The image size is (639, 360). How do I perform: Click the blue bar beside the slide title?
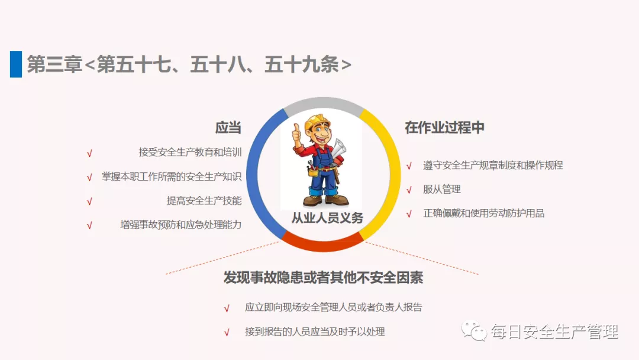point(16,64)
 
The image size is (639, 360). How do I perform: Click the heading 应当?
point(228,128)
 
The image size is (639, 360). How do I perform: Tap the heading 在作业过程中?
point(444,128)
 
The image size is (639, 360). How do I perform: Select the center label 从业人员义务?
point(327,218)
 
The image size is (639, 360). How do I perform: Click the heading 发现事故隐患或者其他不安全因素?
point(323,278)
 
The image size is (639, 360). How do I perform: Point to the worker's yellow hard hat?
point(317,121)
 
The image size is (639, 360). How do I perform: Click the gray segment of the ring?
point(324,103)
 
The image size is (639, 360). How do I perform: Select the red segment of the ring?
point(323,246)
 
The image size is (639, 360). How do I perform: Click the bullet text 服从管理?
point(442,189)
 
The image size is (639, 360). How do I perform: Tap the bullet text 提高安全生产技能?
point(204,201)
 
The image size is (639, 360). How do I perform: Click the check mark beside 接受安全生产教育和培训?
point(89,153)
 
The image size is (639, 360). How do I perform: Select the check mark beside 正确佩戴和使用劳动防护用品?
point(409,214)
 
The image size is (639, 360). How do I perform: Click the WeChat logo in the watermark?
point(474,331)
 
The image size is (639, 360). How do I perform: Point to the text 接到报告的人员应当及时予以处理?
point(315,332)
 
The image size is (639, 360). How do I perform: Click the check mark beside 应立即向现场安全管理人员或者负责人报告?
point(227,308)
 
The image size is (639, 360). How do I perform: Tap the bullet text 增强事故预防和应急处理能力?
point(181,224)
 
